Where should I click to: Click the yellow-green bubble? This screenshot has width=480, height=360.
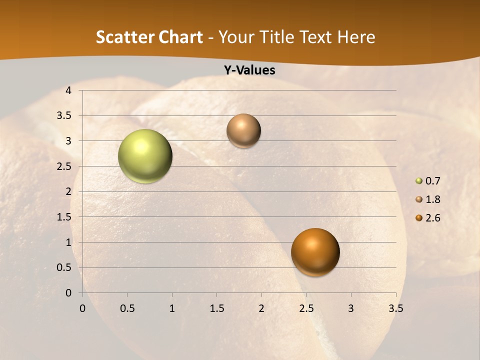click(x=145, y=156)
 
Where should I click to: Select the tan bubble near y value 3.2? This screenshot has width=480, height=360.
click(x=243, y=130)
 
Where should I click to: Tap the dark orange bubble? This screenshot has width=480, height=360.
click(x=315, y=252)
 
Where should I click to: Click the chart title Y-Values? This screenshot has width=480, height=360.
click(x=249, y=70)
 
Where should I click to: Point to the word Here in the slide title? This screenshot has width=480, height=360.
click(x=356, y=37)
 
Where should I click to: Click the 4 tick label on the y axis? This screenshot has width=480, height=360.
click(x=68, y=90)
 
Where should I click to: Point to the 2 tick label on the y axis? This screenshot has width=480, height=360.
click(x=68, y=191)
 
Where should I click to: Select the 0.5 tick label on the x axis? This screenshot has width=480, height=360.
click(x=127, y=308)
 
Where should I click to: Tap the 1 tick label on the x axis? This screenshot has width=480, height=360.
click(x=172, y=308)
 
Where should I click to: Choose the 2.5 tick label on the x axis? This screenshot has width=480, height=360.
click(x=306, y=308)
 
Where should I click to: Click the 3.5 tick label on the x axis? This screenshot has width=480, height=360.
click(x=395, y=308)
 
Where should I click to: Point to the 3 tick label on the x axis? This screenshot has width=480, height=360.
click(x=351, y=308)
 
